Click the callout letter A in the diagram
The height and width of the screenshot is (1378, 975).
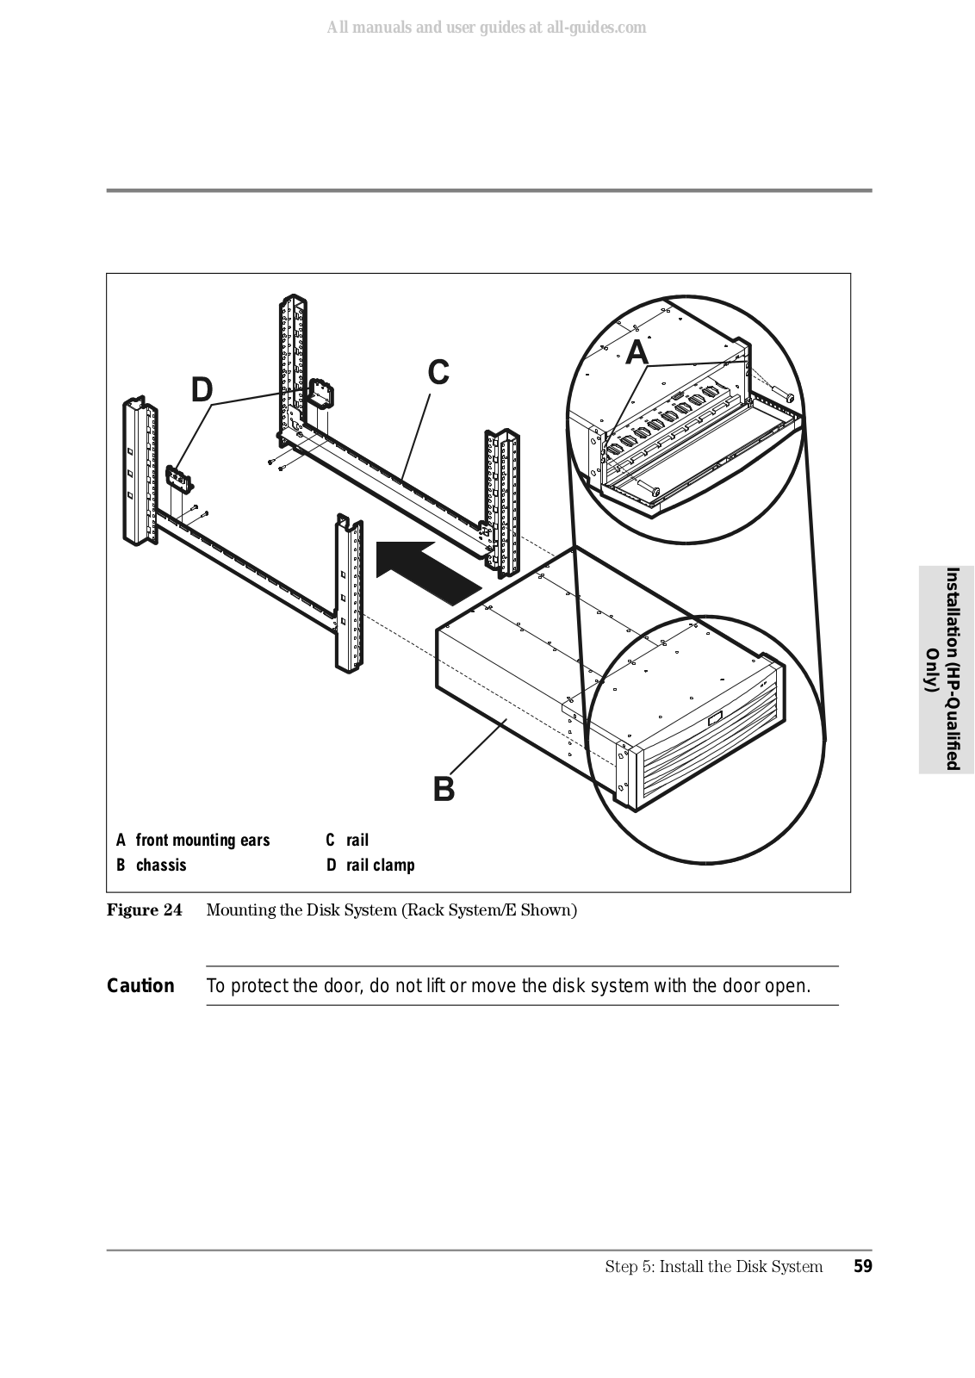637,352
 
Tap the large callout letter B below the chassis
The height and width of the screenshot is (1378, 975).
444,789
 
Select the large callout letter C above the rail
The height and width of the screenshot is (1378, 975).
438,373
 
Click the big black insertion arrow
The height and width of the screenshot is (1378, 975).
428,569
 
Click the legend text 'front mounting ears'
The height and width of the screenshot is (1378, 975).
203,841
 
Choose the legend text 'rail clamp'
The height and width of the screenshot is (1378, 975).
380,865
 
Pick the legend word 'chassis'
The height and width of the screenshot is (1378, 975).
161,865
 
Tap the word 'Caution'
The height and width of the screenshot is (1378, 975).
140,986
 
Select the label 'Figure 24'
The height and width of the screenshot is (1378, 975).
145,910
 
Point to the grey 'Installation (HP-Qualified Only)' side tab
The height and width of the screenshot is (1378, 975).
947,669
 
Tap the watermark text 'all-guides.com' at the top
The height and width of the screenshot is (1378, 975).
597,27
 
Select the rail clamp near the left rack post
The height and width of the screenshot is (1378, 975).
177,478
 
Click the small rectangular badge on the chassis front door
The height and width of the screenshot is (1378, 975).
716,718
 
